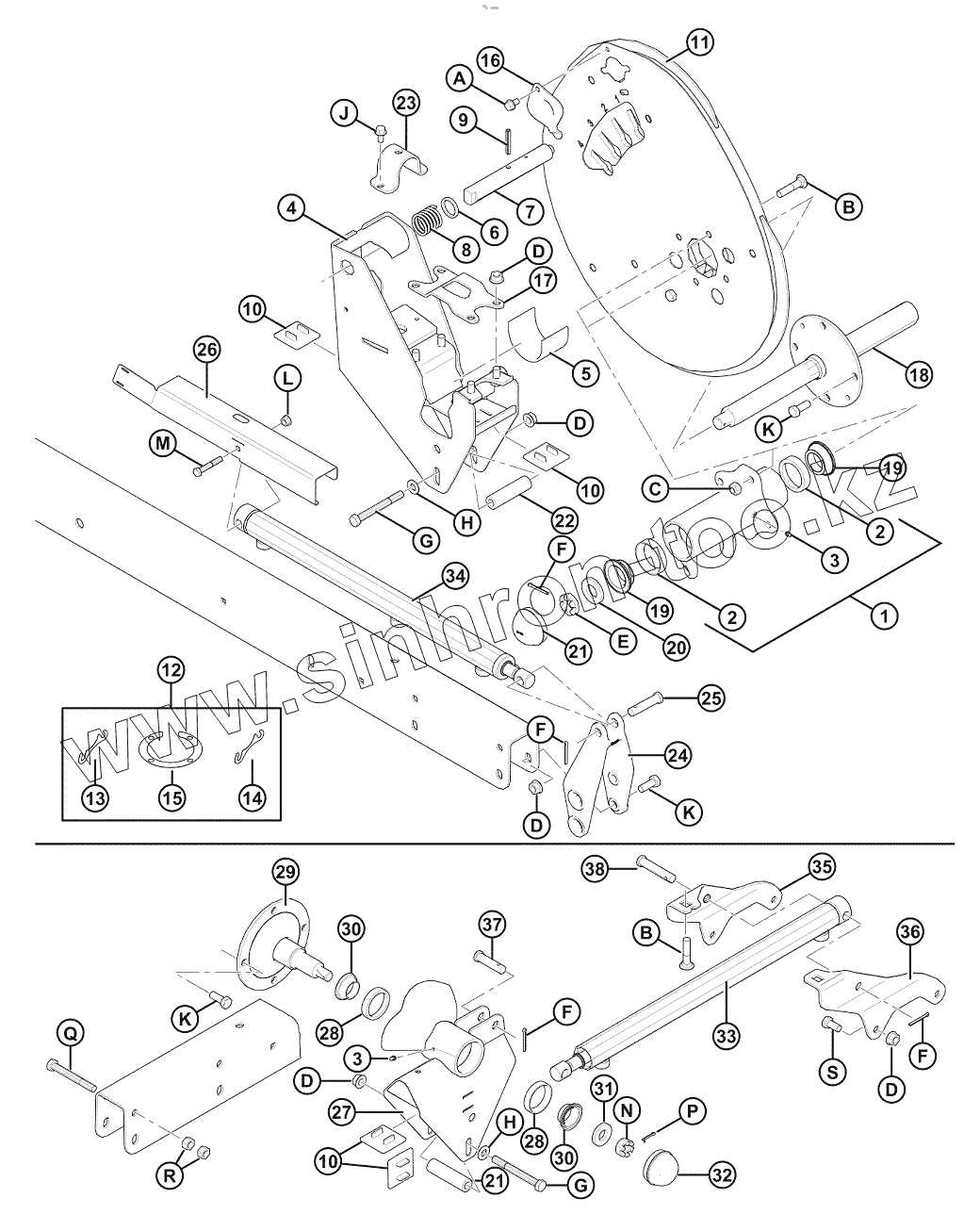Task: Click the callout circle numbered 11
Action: tap(699, 41)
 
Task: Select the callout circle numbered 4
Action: tap(292, 207)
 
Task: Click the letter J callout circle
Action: tap(344, 115)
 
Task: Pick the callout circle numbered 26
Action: tap(206, 350)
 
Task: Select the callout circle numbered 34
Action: tap(455, 574)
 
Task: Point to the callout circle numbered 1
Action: tap(884, 616)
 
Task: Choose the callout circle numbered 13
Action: tap(96, 797)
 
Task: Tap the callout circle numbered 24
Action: tap(677, 754)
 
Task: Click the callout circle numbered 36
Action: tap(909, 932)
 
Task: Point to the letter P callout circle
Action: tap(694, 1112)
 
